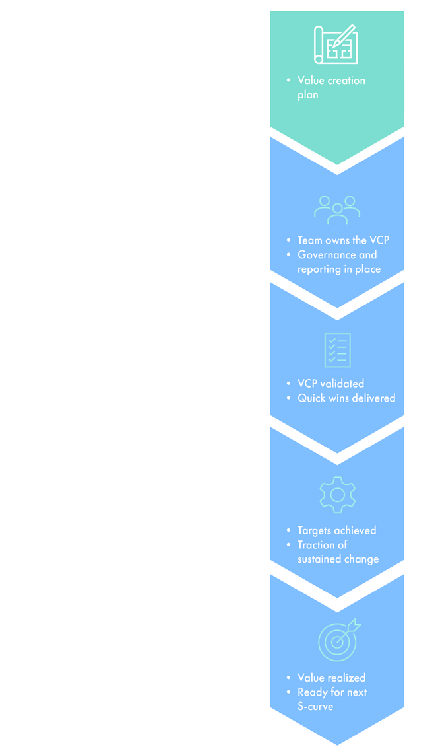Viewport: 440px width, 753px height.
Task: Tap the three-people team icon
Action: (x=337, y=208)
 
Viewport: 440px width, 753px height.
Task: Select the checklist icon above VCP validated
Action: (x=337, y=350)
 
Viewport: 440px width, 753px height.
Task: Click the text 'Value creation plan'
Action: (x=330, y=87)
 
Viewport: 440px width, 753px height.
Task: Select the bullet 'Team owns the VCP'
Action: (x=342, y=240)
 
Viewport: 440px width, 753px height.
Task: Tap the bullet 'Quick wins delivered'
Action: (x=346, y=398)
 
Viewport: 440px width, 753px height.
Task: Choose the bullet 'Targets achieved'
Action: (x=336, y=530)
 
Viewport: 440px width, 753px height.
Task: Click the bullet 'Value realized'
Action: (x=331, y=678)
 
